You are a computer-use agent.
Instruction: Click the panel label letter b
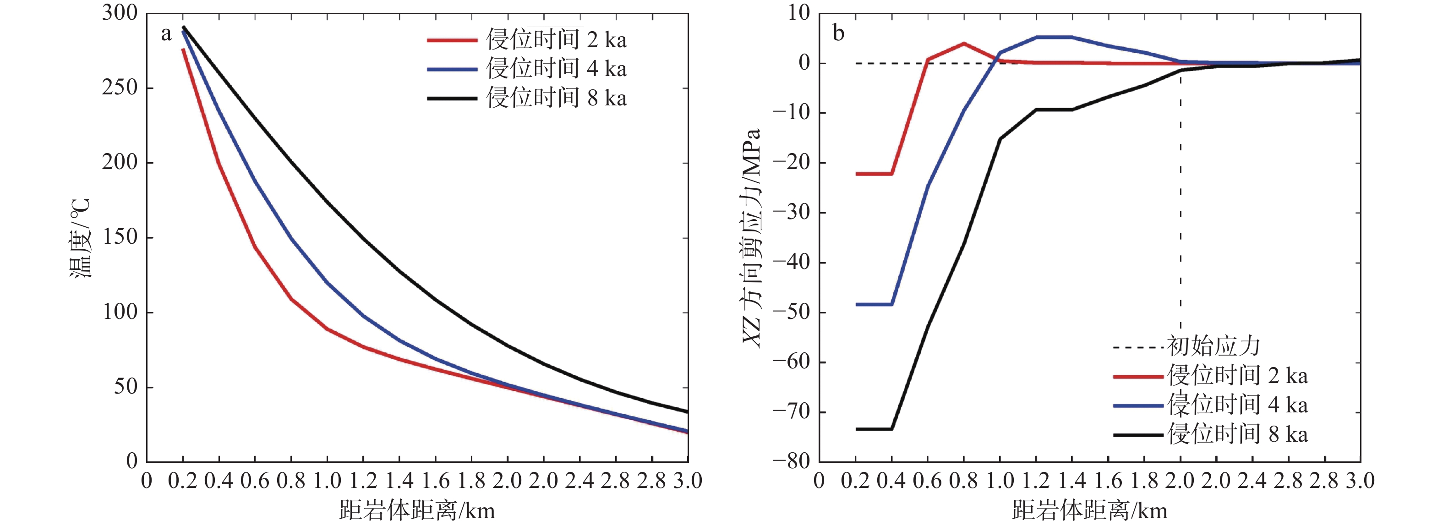[838, 33]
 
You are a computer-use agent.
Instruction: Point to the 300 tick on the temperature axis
[119, 13]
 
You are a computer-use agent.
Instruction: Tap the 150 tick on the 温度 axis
[119, 237]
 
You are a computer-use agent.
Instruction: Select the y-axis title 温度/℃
[80, 238]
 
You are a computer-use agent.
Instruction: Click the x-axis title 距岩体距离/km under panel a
[417, 510]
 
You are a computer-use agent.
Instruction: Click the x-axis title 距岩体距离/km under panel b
[1089, 510]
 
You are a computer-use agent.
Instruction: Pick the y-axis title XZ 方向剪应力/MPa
[751, 238]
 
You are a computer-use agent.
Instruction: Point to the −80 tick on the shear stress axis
[791, 461]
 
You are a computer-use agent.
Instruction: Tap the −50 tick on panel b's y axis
[791, 312]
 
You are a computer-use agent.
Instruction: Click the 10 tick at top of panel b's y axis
[799, 13]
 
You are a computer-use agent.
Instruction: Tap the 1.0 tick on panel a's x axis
[327, 481]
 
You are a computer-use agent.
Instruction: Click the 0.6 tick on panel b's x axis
[928, 481]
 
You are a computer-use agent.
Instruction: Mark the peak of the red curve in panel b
[963, 43]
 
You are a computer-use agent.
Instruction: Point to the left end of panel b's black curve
[857, 429]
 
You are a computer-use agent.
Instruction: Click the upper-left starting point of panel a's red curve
[183, 49]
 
